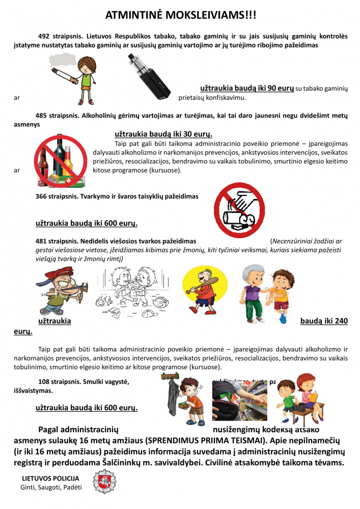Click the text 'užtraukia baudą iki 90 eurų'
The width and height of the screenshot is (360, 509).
pyautogui.click(x=247, y=88)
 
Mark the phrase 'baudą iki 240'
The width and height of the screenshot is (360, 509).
pyautogui.click(x=324, y=322)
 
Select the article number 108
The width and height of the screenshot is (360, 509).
pyautogui.click(x=44, y=382)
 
